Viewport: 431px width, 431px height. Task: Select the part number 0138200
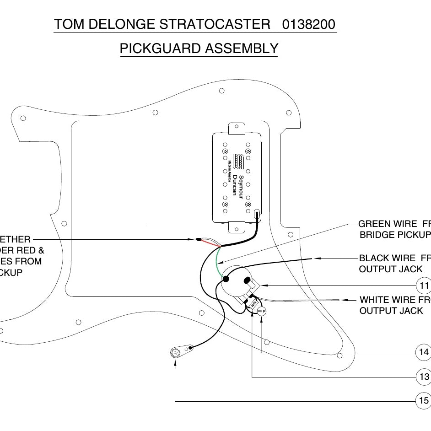tap(309, 24)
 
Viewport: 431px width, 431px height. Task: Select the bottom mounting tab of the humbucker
tap(237, 227)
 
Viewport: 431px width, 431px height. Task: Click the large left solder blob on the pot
tap(226, 278)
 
